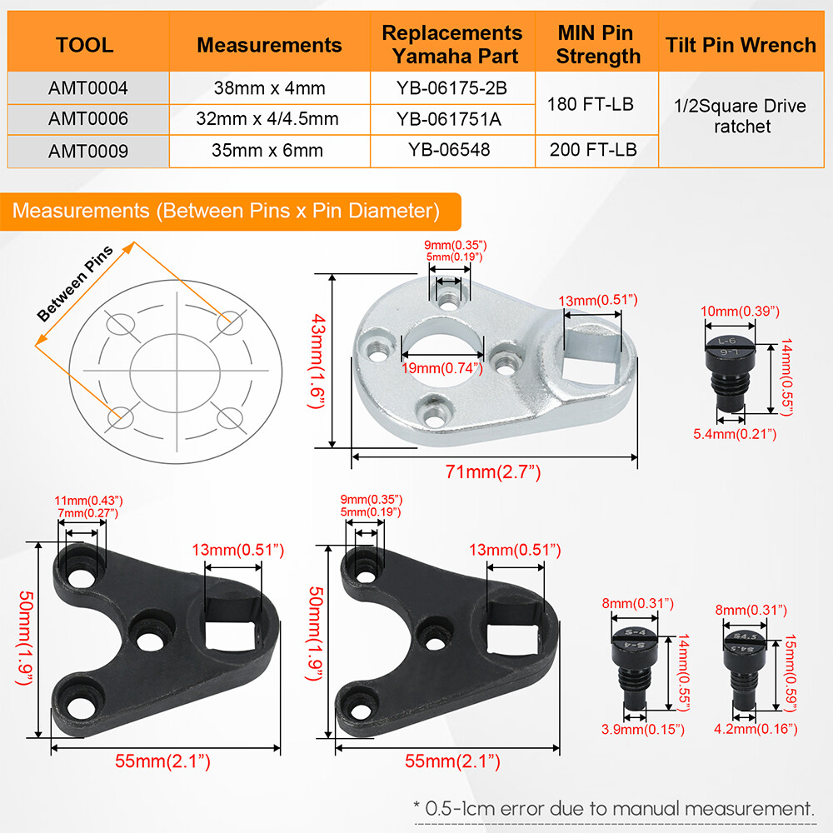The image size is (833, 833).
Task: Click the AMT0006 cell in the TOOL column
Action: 88,118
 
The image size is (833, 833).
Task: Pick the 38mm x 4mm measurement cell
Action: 269,87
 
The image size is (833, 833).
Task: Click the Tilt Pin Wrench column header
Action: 741,45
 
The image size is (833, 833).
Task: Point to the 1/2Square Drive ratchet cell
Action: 741,116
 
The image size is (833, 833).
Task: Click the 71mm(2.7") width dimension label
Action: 492,471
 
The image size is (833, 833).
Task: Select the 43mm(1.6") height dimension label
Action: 317,362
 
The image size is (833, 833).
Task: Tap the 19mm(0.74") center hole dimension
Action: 442,368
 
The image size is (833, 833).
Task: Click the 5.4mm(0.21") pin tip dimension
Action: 735,434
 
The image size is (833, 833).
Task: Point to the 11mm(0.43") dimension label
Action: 88,501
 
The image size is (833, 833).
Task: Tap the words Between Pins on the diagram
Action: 75,284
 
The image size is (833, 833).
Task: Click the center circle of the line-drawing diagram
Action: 175,373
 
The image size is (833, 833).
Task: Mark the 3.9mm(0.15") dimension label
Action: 643,730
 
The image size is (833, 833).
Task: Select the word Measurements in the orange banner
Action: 81,211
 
